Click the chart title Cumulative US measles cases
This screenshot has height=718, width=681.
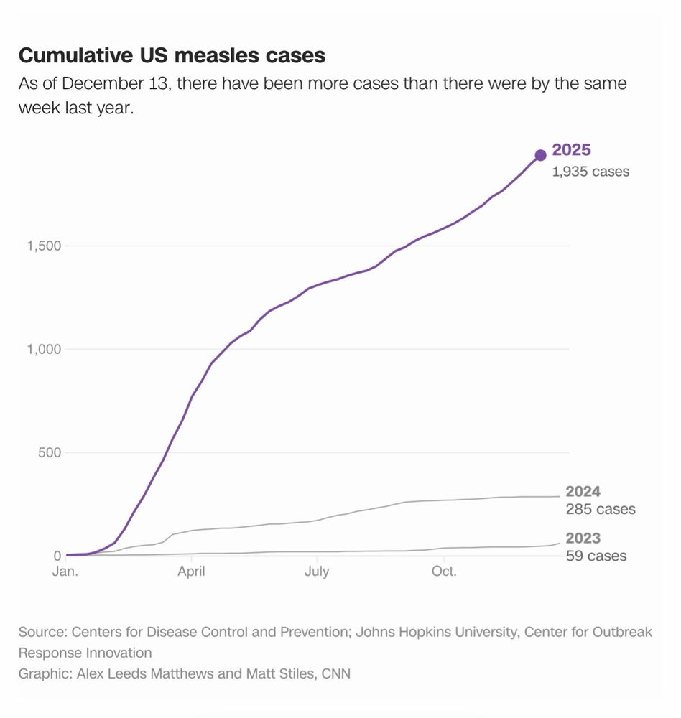pyautogui.click(x=172, y=55)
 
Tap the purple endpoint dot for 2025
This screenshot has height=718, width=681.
pyautogui.click(x=540, y=156)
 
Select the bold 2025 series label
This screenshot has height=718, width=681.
pyautogui.click(x=571, y=151)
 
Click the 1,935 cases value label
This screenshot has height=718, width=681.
pyautogui.click(x=590, y=172)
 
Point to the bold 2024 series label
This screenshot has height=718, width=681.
pyautogui.click(x=583, y=492)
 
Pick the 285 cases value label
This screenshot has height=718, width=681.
pyautogui.click(x=601, y=510)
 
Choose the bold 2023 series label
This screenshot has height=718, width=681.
pyautogui.click(x=583, y=538)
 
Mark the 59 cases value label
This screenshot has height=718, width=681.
pyautogui.click(x=596, y=556)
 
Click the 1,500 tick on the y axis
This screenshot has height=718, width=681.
pyautogui.click(x=44, y=246)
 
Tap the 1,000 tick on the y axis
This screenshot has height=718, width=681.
pyautogui.click(x=44, y=350)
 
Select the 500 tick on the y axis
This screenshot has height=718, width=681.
pyautogui.click(x=49, y=453)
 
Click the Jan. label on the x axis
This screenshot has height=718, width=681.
pyautogui.click(x=66, y=572)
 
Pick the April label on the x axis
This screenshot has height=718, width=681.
pyautogui.click(x=192, y=572)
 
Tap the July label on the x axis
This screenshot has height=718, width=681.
pyautogui.click(x=317, y=572)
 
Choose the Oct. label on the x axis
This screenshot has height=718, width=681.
pyautogui.click(x=443, y=572)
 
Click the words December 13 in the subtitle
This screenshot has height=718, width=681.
pyautogui.click(x=116, y=83)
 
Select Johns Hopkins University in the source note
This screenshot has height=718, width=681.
pyautogui.click(x=427, y=633)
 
